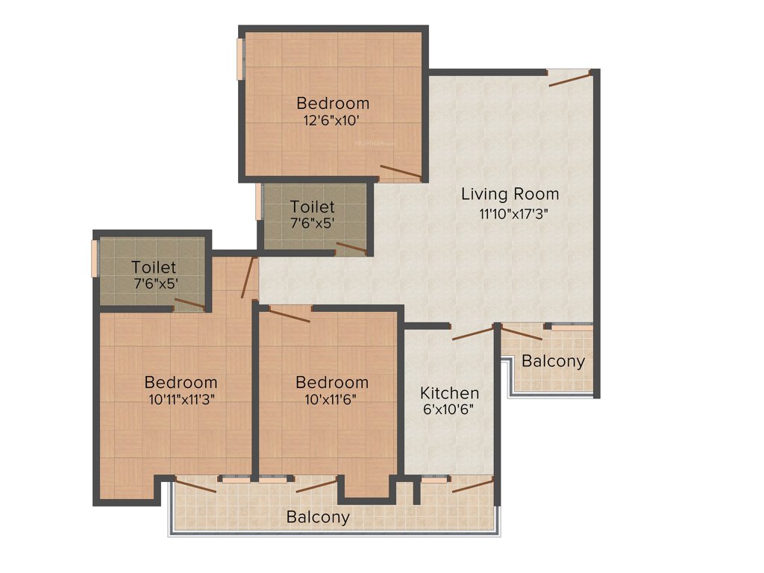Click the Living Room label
pyautogui.click(x=510, y=195)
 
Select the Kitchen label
pyautogui.click(x=449, y=393)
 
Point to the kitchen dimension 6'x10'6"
pyautogui.click(x=448, y=410)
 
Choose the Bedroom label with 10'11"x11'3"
pyautogui.click(x=181, y=382)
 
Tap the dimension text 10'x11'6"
pyautogui.click(x=331, y=399)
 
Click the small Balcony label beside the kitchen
pyautogui.click(x=553, y=362)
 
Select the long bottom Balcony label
pyautogui.click(x=318, y=517)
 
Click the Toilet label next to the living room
pyautogui.click(x=313, y=207)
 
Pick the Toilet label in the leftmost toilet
pyautogui.click(x=154, y=267)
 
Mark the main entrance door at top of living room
pyautogui.click(x=571, y=78)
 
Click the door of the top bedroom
pyautogui.click(x=401, y=171)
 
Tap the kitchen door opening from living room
pyautogui.click(x=473, y=333)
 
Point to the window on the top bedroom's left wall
pyautogui.click(x=240, y=58)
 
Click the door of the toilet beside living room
pyautogui.click(x=351, y=248)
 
